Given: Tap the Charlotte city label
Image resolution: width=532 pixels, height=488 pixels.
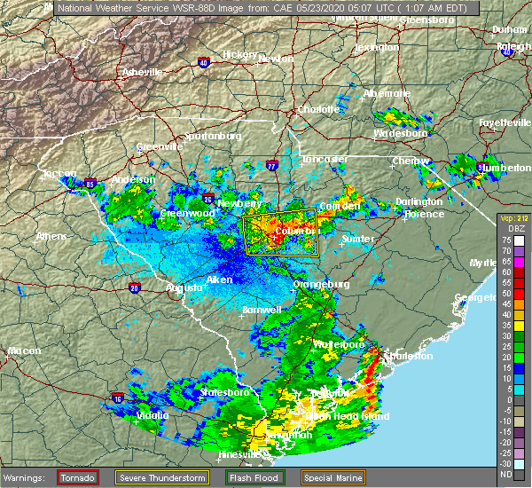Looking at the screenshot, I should click(318, 110).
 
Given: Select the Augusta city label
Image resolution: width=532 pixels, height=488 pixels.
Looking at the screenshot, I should click(186, 288).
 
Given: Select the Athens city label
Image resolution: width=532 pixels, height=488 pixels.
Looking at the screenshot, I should click(51, 236).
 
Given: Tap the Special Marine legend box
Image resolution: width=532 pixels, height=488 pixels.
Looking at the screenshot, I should click(332, 477).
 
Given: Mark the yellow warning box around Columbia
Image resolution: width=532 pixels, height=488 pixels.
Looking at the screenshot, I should click(281, 233).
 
